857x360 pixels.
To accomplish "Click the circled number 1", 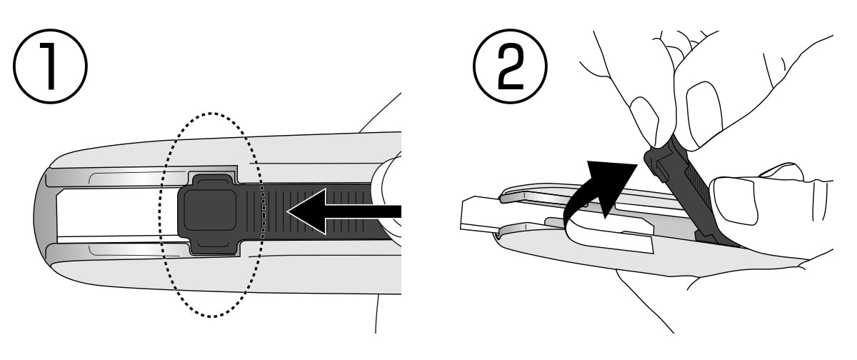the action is (50, 66).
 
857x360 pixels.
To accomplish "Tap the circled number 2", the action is (510, 66).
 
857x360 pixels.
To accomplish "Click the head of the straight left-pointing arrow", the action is (306, 211).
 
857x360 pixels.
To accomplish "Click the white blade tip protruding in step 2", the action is (479, 215).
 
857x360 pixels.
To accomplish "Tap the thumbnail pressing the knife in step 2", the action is (736, 201).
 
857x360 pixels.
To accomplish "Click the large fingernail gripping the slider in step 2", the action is (704, 114).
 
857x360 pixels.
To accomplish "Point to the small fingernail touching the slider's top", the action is (645, 121).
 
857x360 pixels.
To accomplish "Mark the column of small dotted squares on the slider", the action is (264, 212).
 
